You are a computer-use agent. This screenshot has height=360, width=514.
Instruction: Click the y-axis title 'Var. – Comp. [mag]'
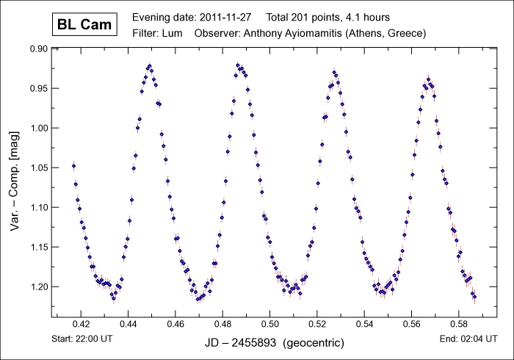click(15, 180)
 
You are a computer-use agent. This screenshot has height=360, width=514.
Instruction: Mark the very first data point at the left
click(73, 166)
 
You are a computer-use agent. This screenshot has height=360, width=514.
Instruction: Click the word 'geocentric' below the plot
click(319, 343)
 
